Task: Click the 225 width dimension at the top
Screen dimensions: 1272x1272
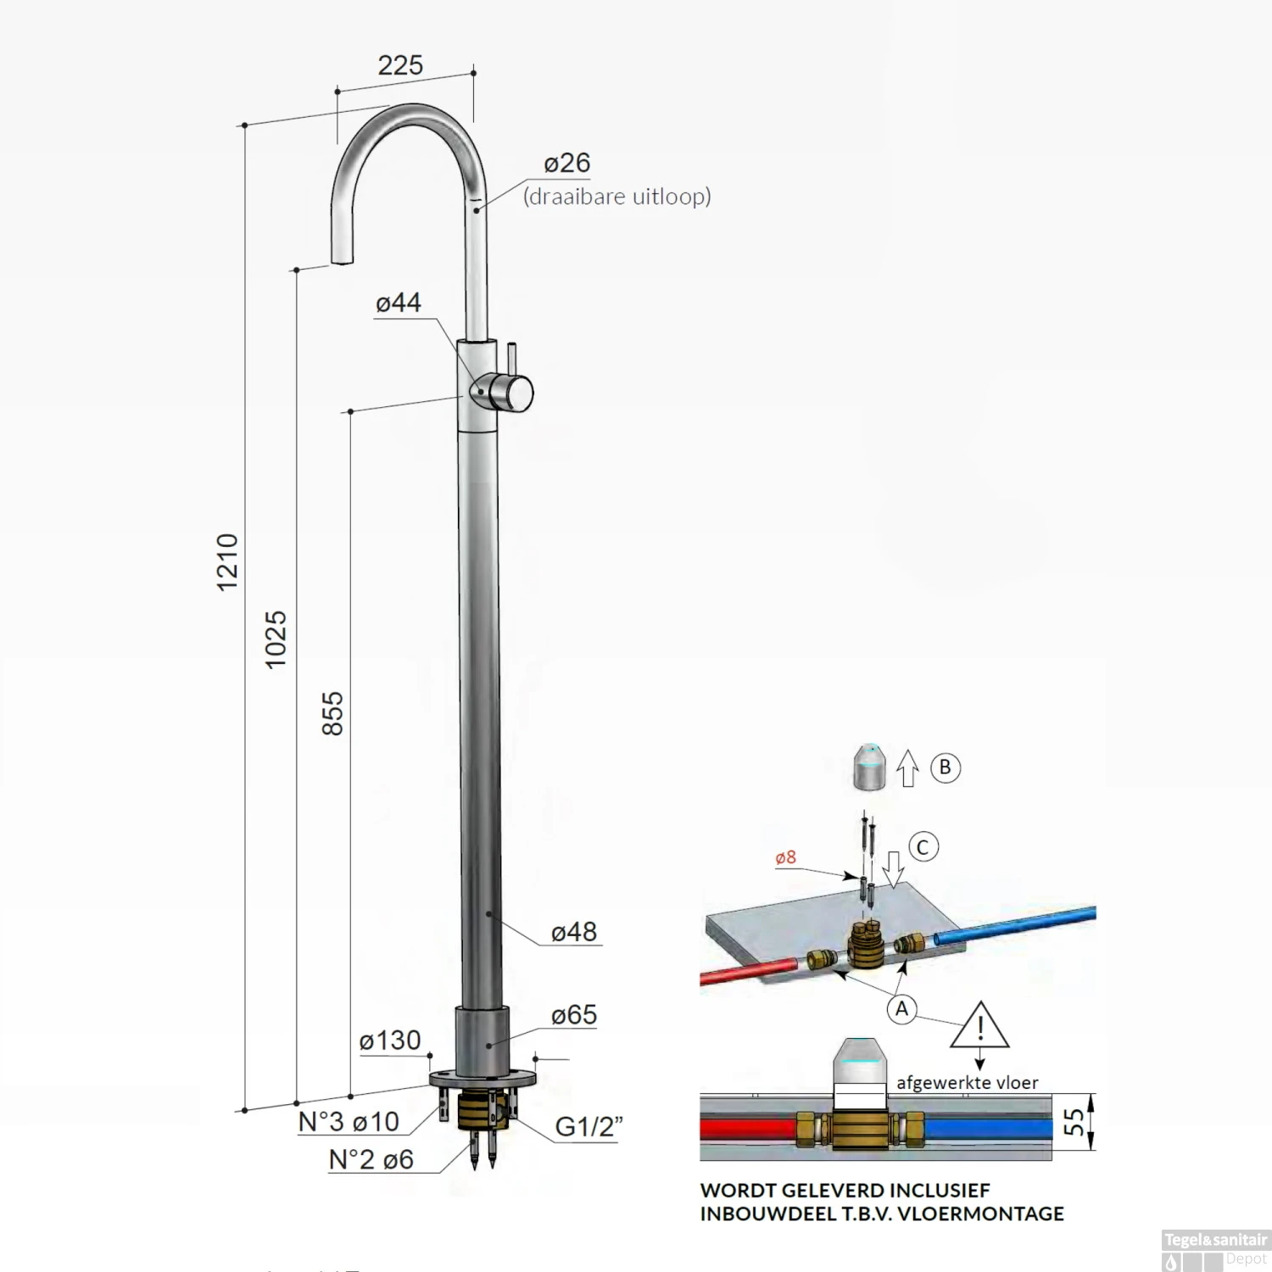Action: [x=400, y=65]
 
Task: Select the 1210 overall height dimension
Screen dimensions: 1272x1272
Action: [x=227, y=562]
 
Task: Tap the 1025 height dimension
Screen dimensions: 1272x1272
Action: [x=276, y=639]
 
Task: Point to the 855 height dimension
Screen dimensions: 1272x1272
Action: [x=333, y=713]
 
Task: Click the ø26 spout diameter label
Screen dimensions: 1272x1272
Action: [x=566, y=163]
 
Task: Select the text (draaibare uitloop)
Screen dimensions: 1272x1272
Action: [x=616, y=197]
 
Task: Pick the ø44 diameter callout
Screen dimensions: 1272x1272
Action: [x=398, y=303]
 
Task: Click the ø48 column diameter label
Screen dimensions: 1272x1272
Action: [x=574, y=932]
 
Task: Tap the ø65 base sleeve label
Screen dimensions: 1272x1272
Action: [x=574, y=1015]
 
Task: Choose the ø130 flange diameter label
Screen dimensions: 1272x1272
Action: [x=390, y=1040]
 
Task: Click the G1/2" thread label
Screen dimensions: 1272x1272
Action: [x=589, y=1127]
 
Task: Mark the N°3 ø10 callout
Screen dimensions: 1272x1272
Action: [x=349, y=1122]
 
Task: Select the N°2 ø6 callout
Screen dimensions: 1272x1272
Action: [x=371, y=1159]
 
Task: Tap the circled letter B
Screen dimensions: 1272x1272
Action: [x=946, y=767]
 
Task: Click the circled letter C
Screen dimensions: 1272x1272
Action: [x=923, y=847]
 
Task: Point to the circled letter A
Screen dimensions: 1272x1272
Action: [x=901, y=1009]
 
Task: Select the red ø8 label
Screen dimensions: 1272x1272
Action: [x=786, y=857]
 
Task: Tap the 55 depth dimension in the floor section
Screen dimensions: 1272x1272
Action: [x=1074, y=1122]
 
